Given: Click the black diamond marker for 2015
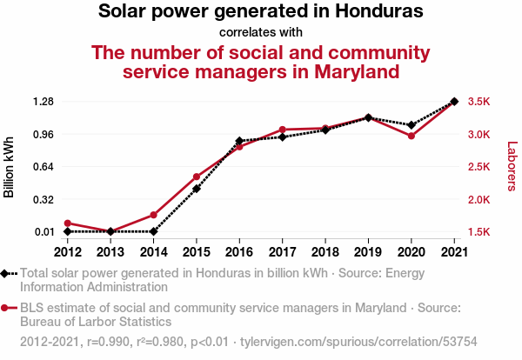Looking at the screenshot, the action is click(197, 189).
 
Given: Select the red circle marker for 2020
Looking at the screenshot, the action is click(412, 136).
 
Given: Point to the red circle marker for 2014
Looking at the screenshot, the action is click(153, 215).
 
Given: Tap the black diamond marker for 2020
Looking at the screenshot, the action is click(412, 125).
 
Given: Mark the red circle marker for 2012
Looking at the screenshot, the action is click(68, 223).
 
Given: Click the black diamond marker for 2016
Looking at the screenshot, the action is click(239, 141).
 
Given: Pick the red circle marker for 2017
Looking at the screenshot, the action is click(282, 130).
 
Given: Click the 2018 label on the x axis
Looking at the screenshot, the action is click(325, 252).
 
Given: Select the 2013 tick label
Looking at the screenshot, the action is click(110, 252).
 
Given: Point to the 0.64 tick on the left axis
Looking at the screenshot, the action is click(43, 166).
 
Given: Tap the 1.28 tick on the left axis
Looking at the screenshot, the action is click(43, 101).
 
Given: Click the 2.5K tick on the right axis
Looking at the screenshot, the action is click(479, 166).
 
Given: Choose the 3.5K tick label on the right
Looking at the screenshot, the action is click(479, 101).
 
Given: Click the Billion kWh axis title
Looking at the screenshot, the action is click(9, 167).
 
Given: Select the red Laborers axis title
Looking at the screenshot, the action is click(512, 166).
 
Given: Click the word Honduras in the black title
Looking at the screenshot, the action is click(379, 11).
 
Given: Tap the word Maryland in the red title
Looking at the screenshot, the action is click(357, 72).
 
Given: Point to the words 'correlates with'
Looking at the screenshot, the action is click(261, 32).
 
